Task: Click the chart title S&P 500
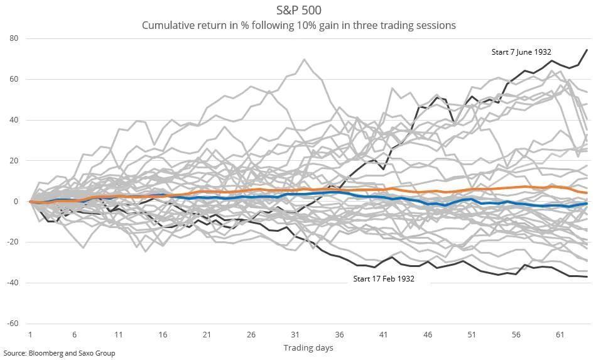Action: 299,9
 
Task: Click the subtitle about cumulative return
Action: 299,26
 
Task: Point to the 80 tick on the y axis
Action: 14,38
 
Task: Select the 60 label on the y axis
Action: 14,79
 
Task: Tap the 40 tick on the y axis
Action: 14,120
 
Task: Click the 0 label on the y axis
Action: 16,202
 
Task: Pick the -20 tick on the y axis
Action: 13,242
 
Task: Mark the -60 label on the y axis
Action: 13,324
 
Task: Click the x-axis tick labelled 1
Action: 30,334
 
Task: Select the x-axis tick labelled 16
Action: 163,334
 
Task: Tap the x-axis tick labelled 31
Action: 295,334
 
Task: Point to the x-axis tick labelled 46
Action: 428,334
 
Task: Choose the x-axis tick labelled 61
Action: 560,334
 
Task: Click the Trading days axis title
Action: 308,347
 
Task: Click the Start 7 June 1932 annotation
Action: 521,52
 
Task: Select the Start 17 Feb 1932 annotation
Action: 384,279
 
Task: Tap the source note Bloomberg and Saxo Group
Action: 59,353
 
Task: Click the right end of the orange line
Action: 587,193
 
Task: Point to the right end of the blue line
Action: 587,204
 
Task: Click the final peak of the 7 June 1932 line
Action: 587,50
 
